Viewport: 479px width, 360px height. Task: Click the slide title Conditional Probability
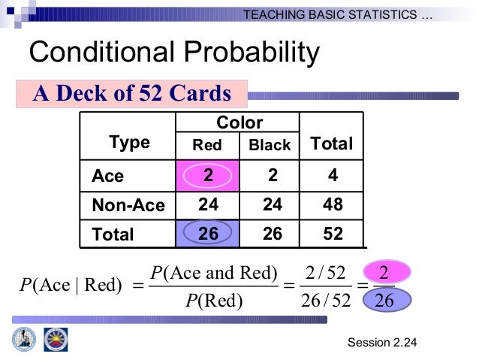173,53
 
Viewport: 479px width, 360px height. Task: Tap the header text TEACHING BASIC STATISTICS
338,14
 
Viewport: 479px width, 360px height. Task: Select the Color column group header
239,123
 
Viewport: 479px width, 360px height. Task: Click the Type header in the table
129,143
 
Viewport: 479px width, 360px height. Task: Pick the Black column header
270,146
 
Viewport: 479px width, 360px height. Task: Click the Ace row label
107,176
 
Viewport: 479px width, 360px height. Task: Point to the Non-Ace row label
128,205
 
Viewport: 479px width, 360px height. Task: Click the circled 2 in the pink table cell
208,175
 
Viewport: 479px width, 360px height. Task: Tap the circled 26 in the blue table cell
208,234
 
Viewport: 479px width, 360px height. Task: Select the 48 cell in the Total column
332,205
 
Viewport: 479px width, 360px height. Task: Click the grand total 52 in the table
332,234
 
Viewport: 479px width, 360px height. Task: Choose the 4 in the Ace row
332,175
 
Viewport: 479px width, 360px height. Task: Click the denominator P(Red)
214,302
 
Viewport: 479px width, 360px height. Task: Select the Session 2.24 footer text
382,343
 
